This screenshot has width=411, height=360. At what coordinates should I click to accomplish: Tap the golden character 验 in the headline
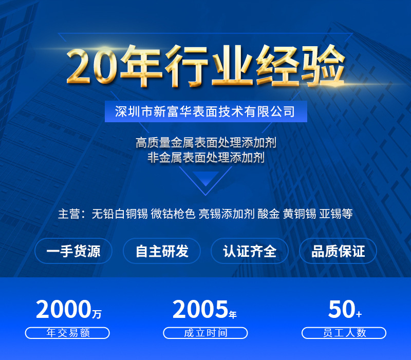323,66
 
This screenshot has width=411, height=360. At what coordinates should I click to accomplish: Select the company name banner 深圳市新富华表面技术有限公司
206,111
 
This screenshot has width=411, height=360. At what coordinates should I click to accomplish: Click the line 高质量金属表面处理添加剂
206,143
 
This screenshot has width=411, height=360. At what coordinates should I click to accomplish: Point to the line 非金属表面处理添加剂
206,158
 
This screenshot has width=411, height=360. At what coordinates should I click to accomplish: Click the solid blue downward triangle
206,179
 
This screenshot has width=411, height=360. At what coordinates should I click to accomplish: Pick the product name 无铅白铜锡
120,214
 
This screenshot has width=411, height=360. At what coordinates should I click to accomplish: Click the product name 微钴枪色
173,214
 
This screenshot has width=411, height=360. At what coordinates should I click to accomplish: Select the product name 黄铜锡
300,214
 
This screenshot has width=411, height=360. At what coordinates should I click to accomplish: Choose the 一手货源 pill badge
73,251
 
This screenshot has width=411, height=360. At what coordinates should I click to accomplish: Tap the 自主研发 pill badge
162,251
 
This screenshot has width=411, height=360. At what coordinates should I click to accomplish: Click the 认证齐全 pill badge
250,251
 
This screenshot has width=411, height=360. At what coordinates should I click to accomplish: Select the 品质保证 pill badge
338,251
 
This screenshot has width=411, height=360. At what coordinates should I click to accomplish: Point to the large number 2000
64,309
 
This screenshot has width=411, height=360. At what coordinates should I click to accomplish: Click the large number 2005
200,309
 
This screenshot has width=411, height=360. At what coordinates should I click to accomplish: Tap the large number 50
342,309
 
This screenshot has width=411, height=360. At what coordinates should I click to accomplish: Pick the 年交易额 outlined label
67,333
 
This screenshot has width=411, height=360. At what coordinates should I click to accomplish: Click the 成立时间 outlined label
206,333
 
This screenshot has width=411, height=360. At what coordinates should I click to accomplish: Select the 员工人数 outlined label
344,333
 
